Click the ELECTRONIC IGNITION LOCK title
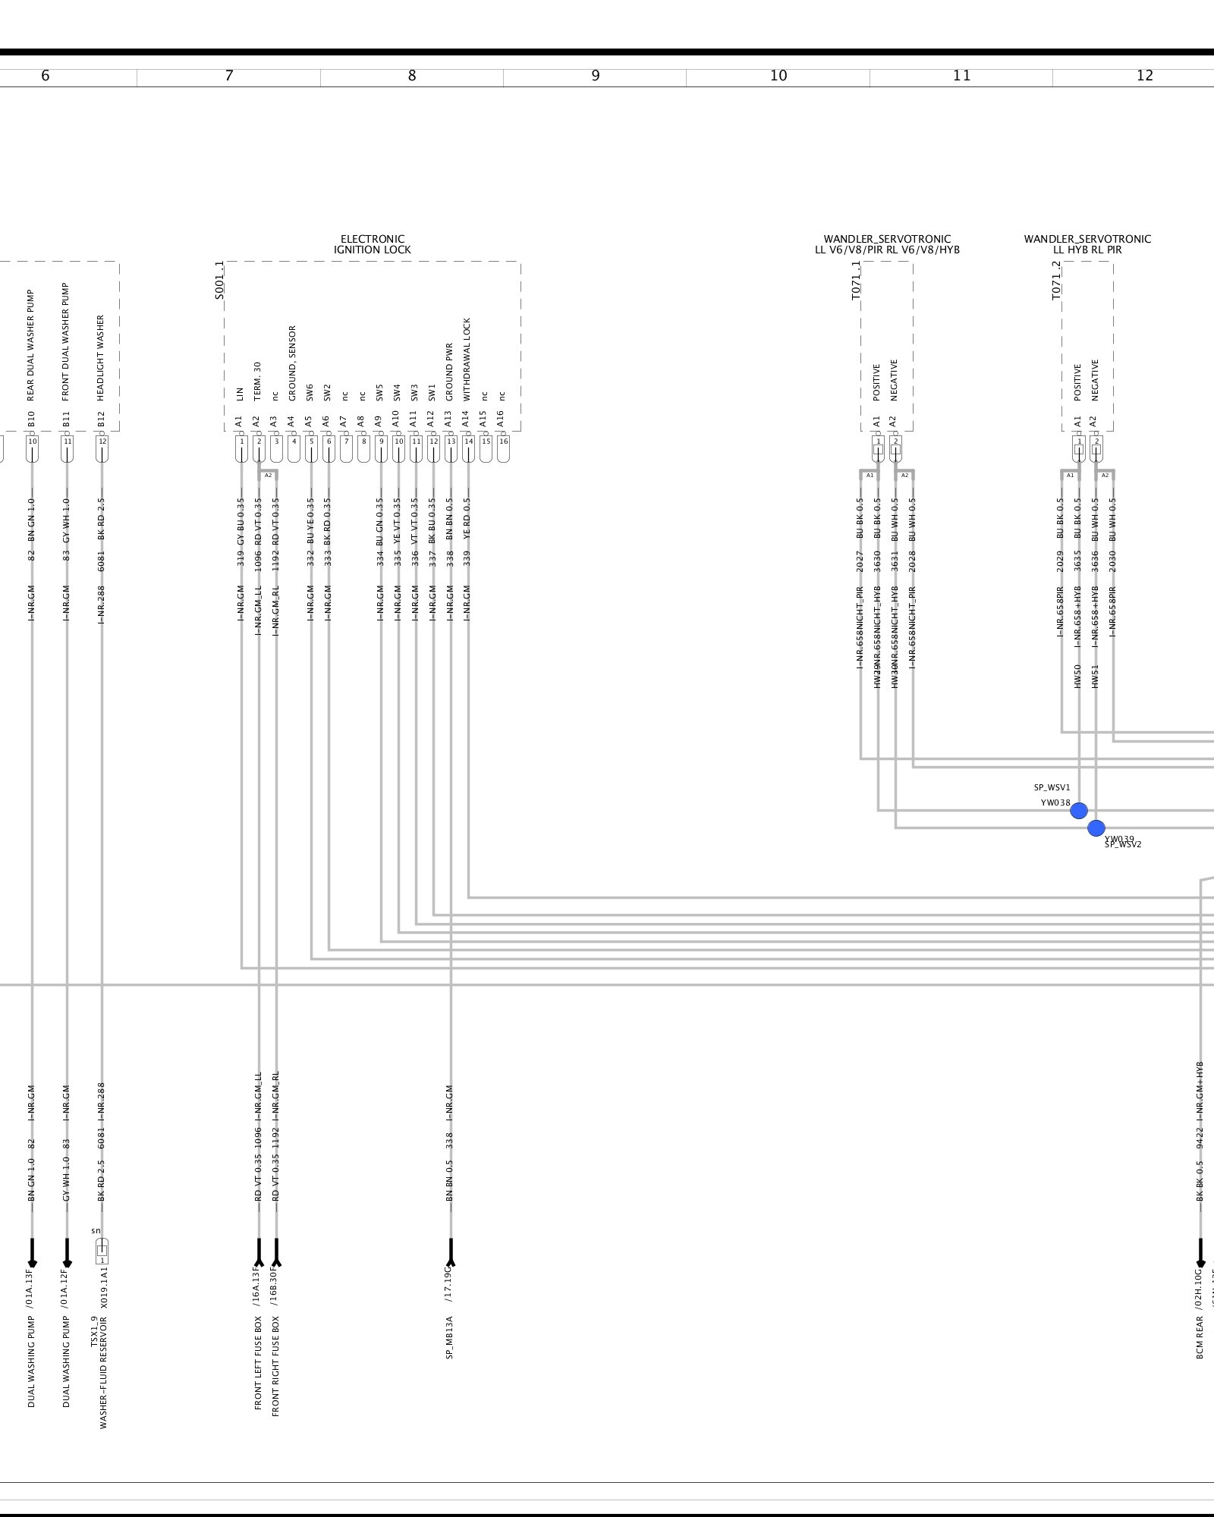[x=372, y=244]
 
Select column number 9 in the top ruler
[x=595, y=76]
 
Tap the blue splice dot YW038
[x=1078, y=811]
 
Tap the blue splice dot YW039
[x=1096, y=828]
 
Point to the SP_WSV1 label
[x=1052, y=788]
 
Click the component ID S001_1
[x=219, y=281]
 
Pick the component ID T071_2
[x=1056, y=281]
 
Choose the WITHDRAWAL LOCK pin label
[x=467, y=359]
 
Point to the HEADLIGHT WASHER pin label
[x=101, y=357]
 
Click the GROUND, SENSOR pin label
[x=292, y=363]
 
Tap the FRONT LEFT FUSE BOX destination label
[x=258, y=1362]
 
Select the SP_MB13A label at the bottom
[x=450, y=1336]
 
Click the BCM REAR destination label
[x=1200, y=1336]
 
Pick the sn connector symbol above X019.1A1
[x=102, y=1251]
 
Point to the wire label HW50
[x=1077, y=676]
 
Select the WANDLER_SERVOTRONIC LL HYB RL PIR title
[x=1087, y=244]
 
